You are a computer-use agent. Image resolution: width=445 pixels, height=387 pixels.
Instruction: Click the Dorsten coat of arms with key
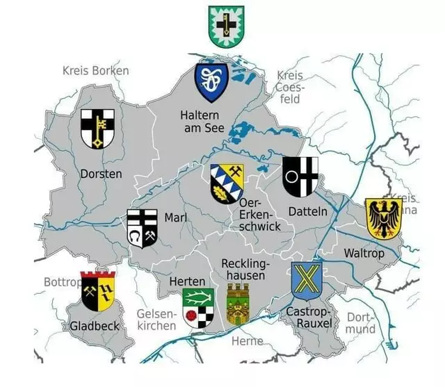coord(97,129)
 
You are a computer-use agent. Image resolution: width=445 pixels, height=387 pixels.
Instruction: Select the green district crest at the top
coord(225,26)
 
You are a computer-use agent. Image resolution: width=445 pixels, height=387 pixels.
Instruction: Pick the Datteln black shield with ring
coord(300,176)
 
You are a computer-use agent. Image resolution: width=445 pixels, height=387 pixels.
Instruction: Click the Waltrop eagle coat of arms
coord(383,218)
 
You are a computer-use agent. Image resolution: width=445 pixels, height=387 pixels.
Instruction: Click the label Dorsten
coord(101,174)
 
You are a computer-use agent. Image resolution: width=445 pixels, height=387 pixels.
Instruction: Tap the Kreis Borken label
coord(95,71)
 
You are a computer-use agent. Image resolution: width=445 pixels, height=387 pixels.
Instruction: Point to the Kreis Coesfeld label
coord(290,87)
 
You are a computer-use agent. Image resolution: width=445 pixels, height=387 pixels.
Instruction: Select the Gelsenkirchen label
coord(156,320)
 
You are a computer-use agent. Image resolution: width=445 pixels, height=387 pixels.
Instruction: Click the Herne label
coord(248,340)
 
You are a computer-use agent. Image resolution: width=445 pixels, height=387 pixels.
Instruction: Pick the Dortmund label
coord(361,323)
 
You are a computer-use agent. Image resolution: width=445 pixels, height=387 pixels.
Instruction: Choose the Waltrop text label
coord(364,254)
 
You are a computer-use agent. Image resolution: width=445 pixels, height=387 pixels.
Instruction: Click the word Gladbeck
coord(95,326)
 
